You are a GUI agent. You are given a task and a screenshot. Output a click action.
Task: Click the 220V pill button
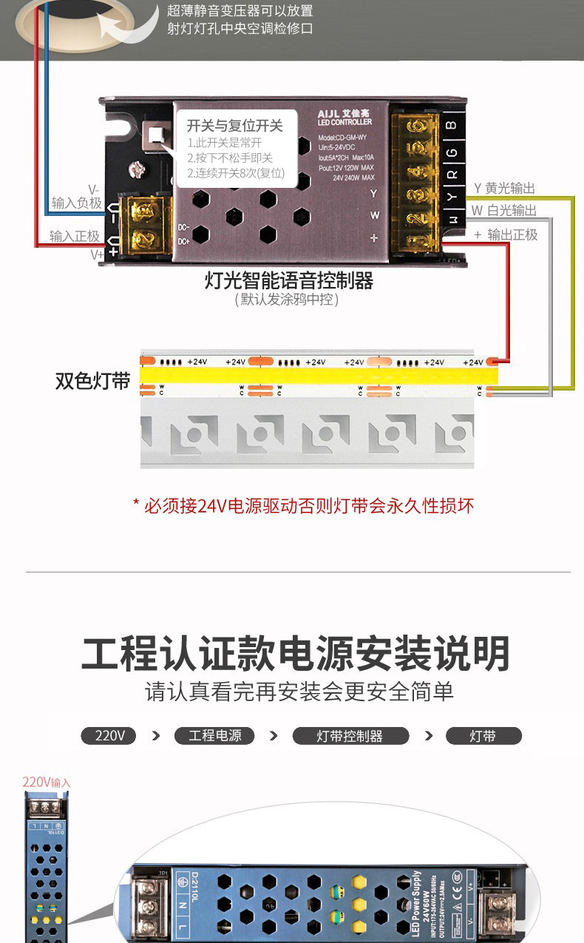(x=108, y=736)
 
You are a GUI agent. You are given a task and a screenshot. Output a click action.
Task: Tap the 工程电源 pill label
(x=214, y=736)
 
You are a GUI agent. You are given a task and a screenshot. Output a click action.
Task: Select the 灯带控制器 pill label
(x=350, y=736)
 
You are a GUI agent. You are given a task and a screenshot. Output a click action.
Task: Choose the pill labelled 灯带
(x=483, y=736)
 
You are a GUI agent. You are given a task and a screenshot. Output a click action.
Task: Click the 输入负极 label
(x=76, y=202)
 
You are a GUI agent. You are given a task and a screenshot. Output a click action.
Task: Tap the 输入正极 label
(x=75, y=236)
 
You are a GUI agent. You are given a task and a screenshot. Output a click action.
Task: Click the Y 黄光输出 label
(x=505, y=189)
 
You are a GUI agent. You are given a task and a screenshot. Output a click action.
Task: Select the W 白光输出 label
(x=505, y=211)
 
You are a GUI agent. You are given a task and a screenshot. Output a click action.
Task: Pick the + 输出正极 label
(x=506, y=234)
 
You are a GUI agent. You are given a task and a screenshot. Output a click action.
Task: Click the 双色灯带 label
(x=92, y=380)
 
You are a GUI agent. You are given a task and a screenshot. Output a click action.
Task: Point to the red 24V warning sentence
(x=303, y=506)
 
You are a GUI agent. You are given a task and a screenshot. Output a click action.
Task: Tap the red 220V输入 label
(x=46, y=782)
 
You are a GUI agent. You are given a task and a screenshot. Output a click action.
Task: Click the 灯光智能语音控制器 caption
(x=288, y=281)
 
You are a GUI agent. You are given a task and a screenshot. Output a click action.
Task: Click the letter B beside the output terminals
(x=452, y=125)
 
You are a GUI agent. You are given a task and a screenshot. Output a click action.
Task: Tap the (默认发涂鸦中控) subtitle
(x=287, y=300)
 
